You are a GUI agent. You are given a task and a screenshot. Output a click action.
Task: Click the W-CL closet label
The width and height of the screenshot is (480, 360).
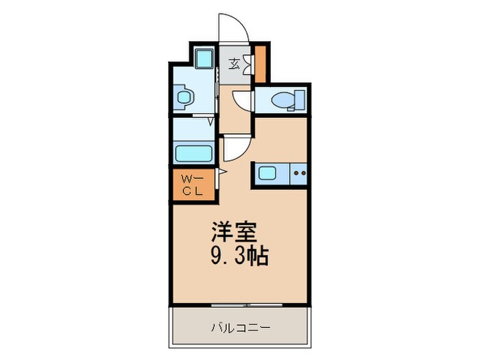tap(191, 184)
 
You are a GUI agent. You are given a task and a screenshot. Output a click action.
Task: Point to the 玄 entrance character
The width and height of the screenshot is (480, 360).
tap(234, 65)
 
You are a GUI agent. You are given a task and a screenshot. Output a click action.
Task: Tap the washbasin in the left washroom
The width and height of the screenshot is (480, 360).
tap(183, 97)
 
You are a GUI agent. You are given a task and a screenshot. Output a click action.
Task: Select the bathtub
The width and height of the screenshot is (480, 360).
tap(195, 152)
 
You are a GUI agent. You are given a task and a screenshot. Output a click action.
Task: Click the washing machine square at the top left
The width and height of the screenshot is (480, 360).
tap(203, 58)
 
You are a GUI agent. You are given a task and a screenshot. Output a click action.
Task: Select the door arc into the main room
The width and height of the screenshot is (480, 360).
tap(233, 147)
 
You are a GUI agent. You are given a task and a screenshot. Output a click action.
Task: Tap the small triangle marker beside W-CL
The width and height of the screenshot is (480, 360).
tap(221, 172)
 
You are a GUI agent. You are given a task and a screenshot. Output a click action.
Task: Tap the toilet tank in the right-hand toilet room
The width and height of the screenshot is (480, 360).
tap(299, 101)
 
